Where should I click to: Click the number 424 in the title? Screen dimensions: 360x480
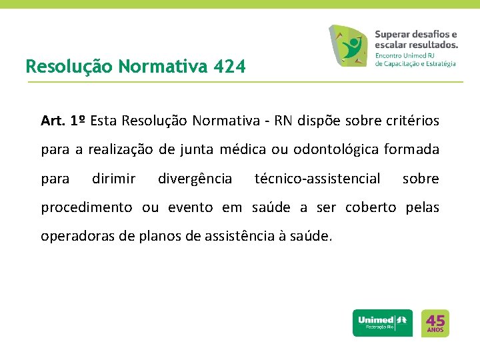(230, 67)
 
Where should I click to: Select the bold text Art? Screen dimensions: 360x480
(53, 121)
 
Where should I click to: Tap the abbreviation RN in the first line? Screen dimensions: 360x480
(285, 121)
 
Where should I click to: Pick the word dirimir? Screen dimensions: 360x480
(113, 179)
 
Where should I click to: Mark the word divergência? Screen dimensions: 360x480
(195, 179)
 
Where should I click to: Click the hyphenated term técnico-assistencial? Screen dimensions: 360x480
(317, 179)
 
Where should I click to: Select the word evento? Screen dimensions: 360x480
(191, 207)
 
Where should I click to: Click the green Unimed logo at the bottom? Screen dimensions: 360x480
(382, 323)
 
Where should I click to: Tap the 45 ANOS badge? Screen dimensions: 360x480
(436, 323)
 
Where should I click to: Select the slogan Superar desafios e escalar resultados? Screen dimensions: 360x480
(416, 39)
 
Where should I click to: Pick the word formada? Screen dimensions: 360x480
(411, 150)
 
